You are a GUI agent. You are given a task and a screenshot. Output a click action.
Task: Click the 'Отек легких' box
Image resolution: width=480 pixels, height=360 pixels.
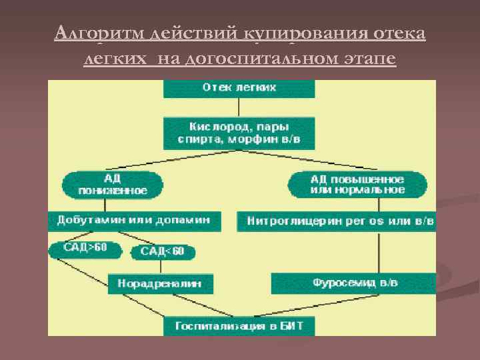[x=239, y=88]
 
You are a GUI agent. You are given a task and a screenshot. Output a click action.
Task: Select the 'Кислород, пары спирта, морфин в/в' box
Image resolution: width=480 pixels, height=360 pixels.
[x=239, y=133]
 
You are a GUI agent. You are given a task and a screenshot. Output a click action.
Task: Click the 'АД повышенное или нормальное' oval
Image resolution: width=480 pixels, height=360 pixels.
[x=357, y=184]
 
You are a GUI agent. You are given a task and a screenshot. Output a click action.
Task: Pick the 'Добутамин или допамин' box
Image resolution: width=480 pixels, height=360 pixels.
[x=133, y=220]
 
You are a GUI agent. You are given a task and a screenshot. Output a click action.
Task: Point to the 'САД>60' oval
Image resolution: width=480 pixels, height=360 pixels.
[x=86, y=249]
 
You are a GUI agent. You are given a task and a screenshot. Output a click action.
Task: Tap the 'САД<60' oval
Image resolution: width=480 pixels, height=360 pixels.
[x=163, y=252]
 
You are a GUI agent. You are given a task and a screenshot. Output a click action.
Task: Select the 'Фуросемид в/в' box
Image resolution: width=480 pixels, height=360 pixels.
[x=355, y=283]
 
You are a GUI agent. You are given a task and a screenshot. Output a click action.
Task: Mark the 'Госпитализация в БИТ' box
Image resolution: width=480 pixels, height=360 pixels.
[x=239, y=326]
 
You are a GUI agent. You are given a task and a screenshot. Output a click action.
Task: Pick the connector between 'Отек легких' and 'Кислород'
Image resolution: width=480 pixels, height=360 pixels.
[x=239, y=107]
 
